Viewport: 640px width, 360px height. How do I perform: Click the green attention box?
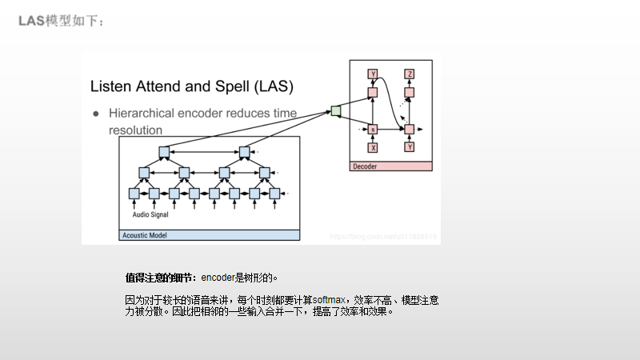(x=335, y=110)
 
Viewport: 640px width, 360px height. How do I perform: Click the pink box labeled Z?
(x=410, y=74)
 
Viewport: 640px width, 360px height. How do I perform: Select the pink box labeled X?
(x=372, y=147)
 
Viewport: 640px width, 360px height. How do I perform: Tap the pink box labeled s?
(x=372, y=129)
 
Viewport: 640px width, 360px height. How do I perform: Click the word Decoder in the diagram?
(x=365, y=166)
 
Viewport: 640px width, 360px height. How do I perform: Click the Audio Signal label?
(x=150, y=214)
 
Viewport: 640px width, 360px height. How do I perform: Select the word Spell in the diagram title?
(x=229, y=86)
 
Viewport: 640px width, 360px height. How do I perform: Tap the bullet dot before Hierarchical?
(x=95, y=114)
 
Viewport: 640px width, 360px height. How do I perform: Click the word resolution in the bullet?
(x=134, y=130)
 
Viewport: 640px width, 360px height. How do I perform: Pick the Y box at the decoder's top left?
(x=372, y=74)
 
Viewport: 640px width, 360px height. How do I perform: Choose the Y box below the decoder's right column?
(x=410, y=147)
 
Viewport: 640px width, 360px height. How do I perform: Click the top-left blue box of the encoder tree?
(x=164, y=152)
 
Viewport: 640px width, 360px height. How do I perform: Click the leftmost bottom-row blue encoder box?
(x=134, y=194)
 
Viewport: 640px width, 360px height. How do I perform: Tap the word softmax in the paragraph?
(x=329, y=300)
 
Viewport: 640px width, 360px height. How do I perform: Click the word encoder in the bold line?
(x=217, y=278)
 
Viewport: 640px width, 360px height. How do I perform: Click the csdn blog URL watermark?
(x=383, y=237)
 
